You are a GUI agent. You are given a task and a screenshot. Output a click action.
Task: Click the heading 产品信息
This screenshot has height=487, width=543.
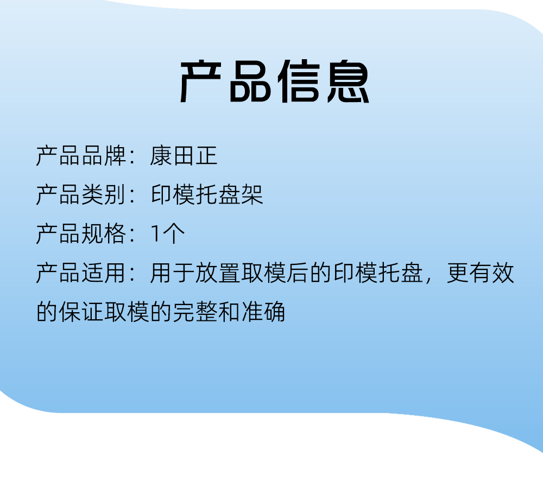pos(275,81)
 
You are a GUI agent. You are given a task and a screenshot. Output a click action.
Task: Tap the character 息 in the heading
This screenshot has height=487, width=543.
pos(349,81)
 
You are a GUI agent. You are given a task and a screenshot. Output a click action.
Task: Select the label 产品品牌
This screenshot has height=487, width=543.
pos(81,156)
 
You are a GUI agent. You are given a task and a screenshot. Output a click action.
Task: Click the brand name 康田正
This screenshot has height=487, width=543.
pos(184,156)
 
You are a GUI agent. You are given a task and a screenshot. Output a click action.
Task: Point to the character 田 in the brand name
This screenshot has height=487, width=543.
pos(184,156)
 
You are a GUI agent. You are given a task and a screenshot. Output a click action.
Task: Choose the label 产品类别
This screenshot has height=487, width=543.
pos(81,195)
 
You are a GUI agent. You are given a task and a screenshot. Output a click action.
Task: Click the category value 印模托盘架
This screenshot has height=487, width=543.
pos(207,195)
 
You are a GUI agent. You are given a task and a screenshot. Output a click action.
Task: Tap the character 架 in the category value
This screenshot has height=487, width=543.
pos(252,195)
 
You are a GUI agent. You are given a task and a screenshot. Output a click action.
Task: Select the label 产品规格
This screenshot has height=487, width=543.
pos(81,234)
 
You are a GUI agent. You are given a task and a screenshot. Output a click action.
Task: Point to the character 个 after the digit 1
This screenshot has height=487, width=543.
pos(174,234)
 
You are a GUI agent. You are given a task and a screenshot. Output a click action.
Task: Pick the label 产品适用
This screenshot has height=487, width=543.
pos(81,273)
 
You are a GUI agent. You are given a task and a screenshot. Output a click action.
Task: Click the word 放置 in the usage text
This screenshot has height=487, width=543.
pos(218,273)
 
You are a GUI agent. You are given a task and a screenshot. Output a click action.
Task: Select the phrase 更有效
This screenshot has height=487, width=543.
pos(481,273)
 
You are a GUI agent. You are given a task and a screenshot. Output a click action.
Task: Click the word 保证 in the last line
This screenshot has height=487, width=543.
pos(81,312)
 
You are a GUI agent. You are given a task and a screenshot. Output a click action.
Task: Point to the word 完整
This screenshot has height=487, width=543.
pos(195,312)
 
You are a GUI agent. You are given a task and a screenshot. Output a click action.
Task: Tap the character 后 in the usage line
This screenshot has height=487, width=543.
pos(298,273)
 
